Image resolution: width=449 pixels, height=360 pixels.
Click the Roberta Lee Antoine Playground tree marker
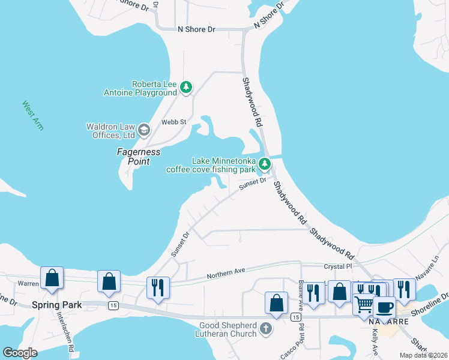pyautogui.click(x=186, y=88)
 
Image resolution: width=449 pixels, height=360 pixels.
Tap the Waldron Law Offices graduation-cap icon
pyautogui.click(x=143, y=130)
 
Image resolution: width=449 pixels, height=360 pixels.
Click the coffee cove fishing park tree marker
pyautogui.click(x=265, y=163)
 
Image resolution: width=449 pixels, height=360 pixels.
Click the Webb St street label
pyautogui.click(x=174, y=122)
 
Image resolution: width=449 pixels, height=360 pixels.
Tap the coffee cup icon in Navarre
pyautogui.click(x=384, y=308)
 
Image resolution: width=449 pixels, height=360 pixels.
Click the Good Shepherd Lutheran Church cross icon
pyautogui.click(x=267, y=329)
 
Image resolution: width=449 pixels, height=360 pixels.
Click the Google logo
pyautogui.click(x=20, y=353)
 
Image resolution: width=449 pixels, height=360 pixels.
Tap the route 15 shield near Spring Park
pyautogui.click(x=112, y=305)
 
